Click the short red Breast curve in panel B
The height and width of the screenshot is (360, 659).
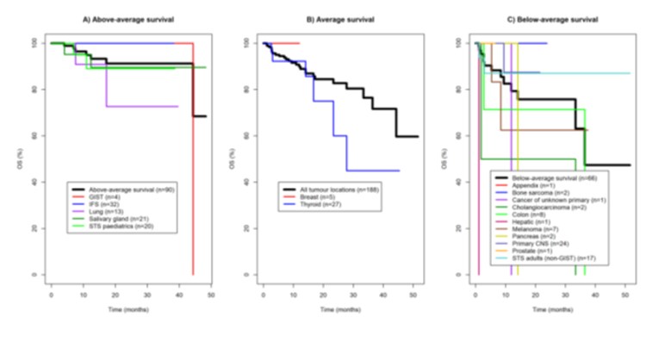tap(284, 42)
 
